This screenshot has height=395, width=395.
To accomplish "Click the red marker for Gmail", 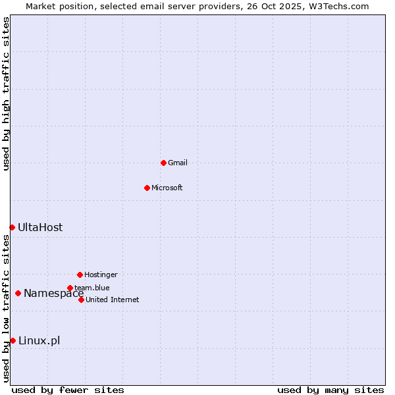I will tap(163, 163).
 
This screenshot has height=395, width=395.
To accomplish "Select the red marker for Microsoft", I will tap(147, 188).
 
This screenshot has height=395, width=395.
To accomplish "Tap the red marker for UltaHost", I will tap(12, 227).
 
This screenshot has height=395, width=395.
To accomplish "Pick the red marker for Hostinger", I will tap(80, 275).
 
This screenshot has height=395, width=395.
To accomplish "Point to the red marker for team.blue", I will tap(70, 288).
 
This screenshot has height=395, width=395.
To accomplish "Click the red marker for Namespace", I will tap(18, 293).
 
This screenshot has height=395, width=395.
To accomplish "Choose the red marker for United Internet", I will tap(81, 300).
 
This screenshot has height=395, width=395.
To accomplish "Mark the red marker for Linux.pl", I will tap(13, 340).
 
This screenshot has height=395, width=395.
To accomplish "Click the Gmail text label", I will tap(178, 163).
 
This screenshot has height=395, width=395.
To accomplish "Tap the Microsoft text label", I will tap(167, 188).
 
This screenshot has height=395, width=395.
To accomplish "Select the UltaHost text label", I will tap(40, 227).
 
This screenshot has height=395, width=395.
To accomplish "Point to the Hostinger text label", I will tap(101, 275).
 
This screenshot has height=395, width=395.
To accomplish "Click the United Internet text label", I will tap(113, 300).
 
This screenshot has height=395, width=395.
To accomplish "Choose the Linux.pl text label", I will tap(39, 340).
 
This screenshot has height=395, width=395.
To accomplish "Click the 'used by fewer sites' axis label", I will tap(68, 390).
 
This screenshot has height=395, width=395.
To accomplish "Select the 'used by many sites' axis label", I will tap(330, 390).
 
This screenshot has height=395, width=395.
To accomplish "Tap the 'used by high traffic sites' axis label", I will tap(6, 93).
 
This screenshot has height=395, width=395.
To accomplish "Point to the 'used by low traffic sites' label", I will tap(6, 308).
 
